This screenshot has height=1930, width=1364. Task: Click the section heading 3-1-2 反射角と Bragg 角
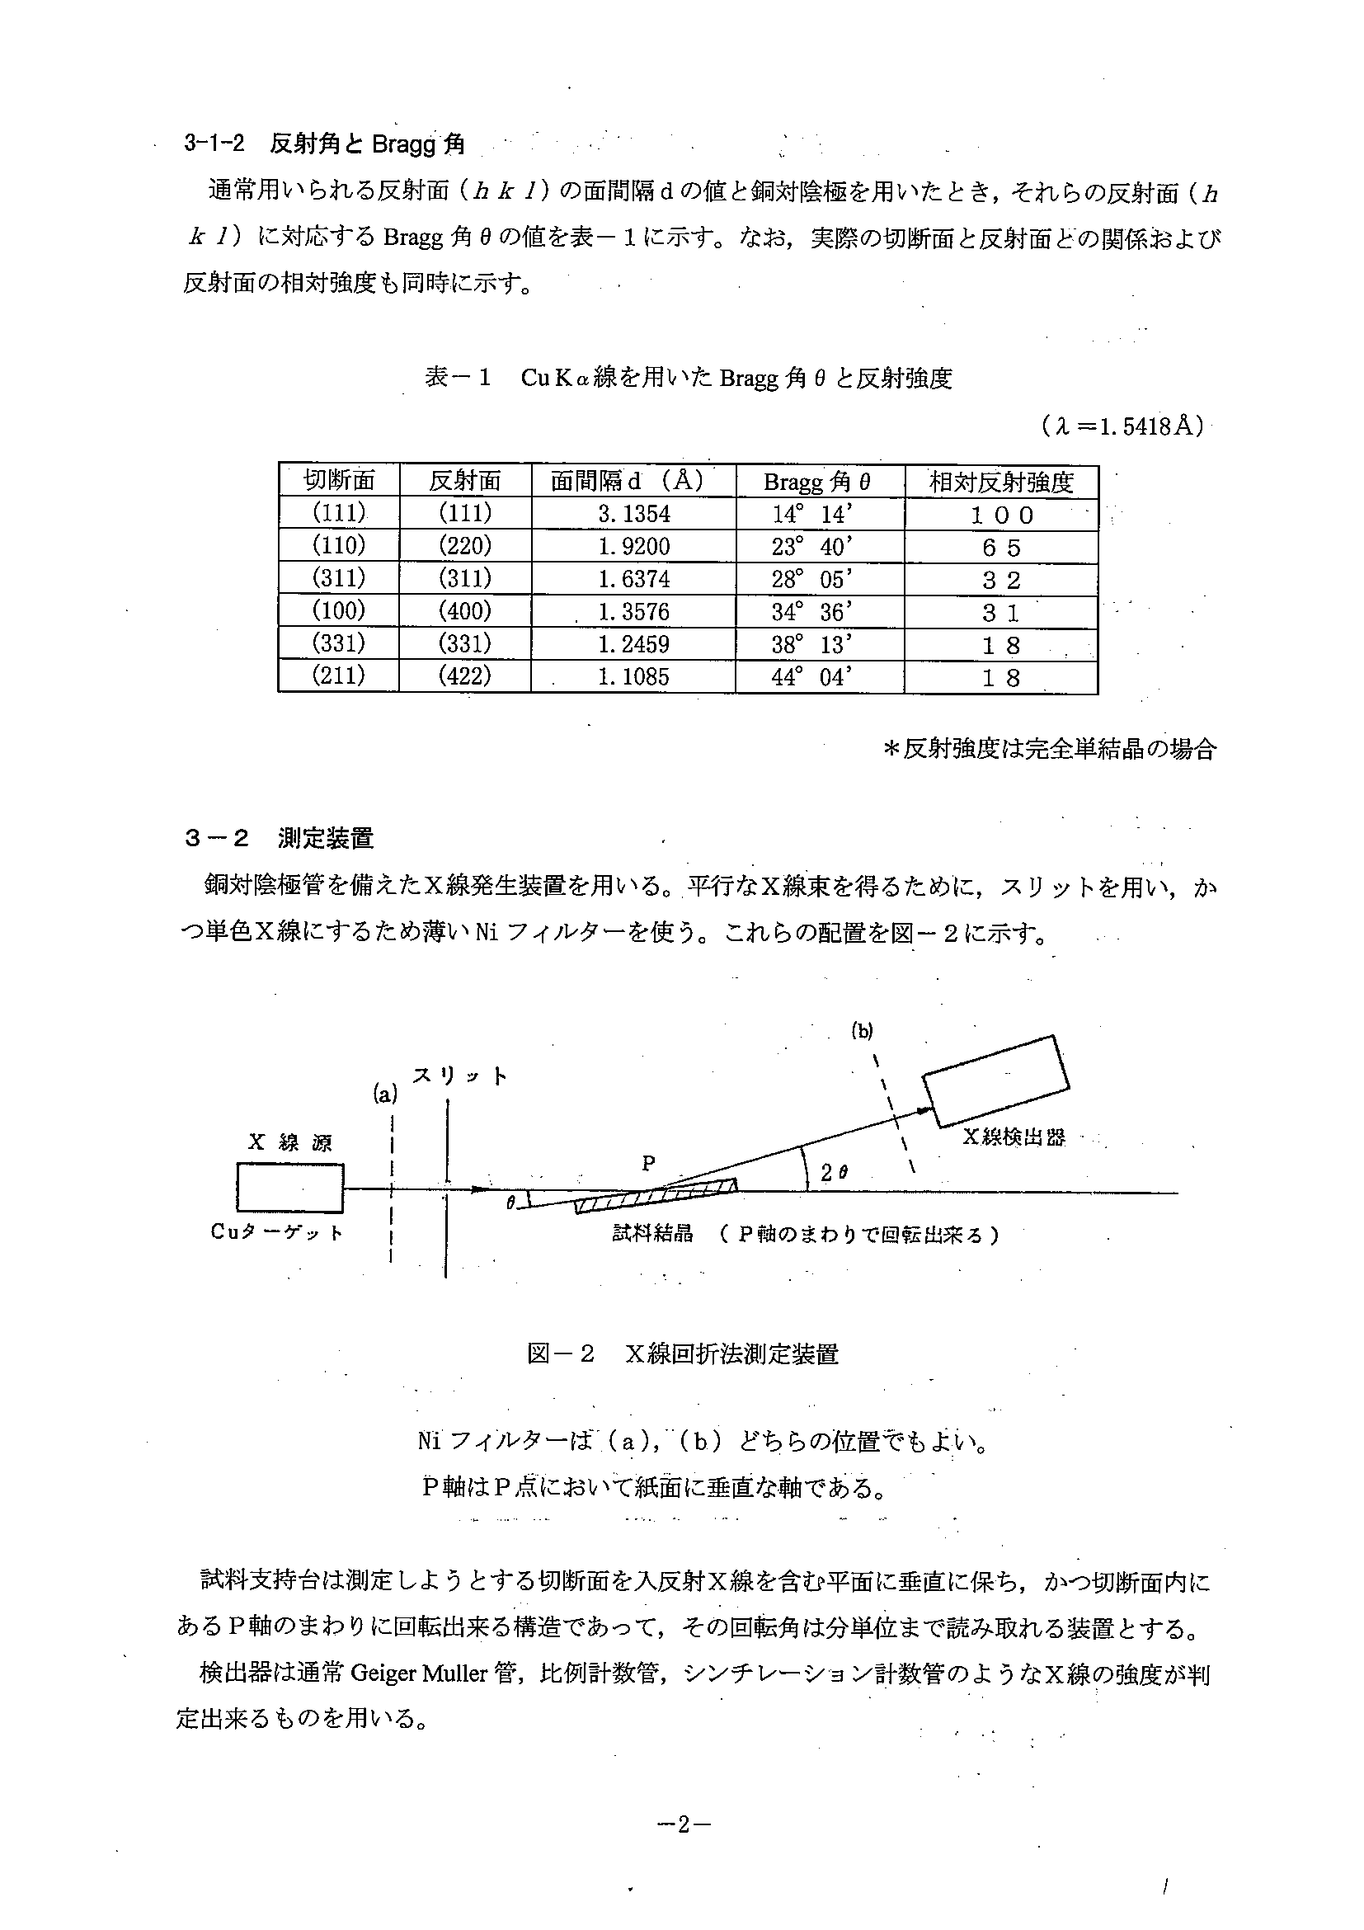coord(323,144)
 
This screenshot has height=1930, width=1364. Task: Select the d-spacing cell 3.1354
coord(633,514)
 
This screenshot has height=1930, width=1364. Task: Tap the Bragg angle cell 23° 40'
coord(811,546)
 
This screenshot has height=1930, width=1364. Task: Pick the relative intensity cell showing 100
coord(1001,515)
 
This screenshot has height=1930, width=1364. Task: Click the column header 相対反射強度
coord(1001,482)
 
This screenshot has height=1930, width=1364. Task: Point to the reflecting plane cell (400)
coord(465,611)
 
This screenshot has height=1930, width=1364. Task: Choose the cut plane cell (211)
coord(338,675)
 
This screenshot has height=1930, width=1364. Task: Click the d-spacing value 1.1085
coord(633,676)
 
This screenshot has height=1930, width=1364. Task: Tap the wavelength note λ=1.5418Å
coord(1121,427)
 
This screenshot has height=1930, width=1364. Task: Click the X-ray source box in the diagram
coord(290,1188)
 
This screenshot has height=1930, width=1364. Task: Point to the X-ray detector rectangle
coord(996,1080)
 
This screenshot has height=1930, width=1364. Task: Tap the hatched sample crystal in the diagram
coord(655,1197)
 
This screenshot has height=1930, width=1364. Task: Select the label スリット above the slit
coord(459,1076)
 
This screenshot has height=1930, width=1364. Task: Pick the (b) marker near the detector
coord(863,1032)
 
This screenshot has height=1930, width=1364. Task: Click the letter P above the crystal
coord(648,1164)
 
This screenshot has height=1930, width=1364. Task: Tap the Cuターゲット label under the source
coord(276,1233)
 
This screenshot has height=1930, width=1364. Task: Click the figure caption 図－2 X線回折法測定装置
coord(683,1354)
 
